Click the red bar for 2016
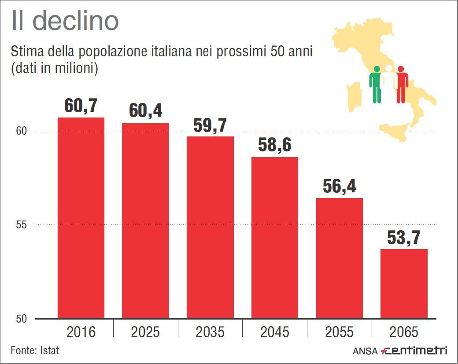click(81, 218)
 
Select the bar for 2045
click(275, 238)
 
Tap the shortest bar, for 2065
click(404, 283)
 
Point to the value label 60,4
click(145, 110)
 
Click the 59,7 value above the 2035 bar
click(210, 125)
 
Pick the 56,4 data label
click(339, 186)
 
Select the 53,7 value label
click(404, 238)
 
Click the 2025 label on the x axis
click(145, 331)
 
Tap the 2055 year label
click(339, 331)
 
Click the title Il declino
click(65, 21)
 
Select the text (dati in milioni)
click(54, 69)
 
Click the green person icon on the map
click(376, 84)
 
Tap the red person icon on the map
click(401, 84)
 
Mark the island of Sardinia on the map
click(354, 95)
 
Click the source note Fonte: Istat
click(35, 351)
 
